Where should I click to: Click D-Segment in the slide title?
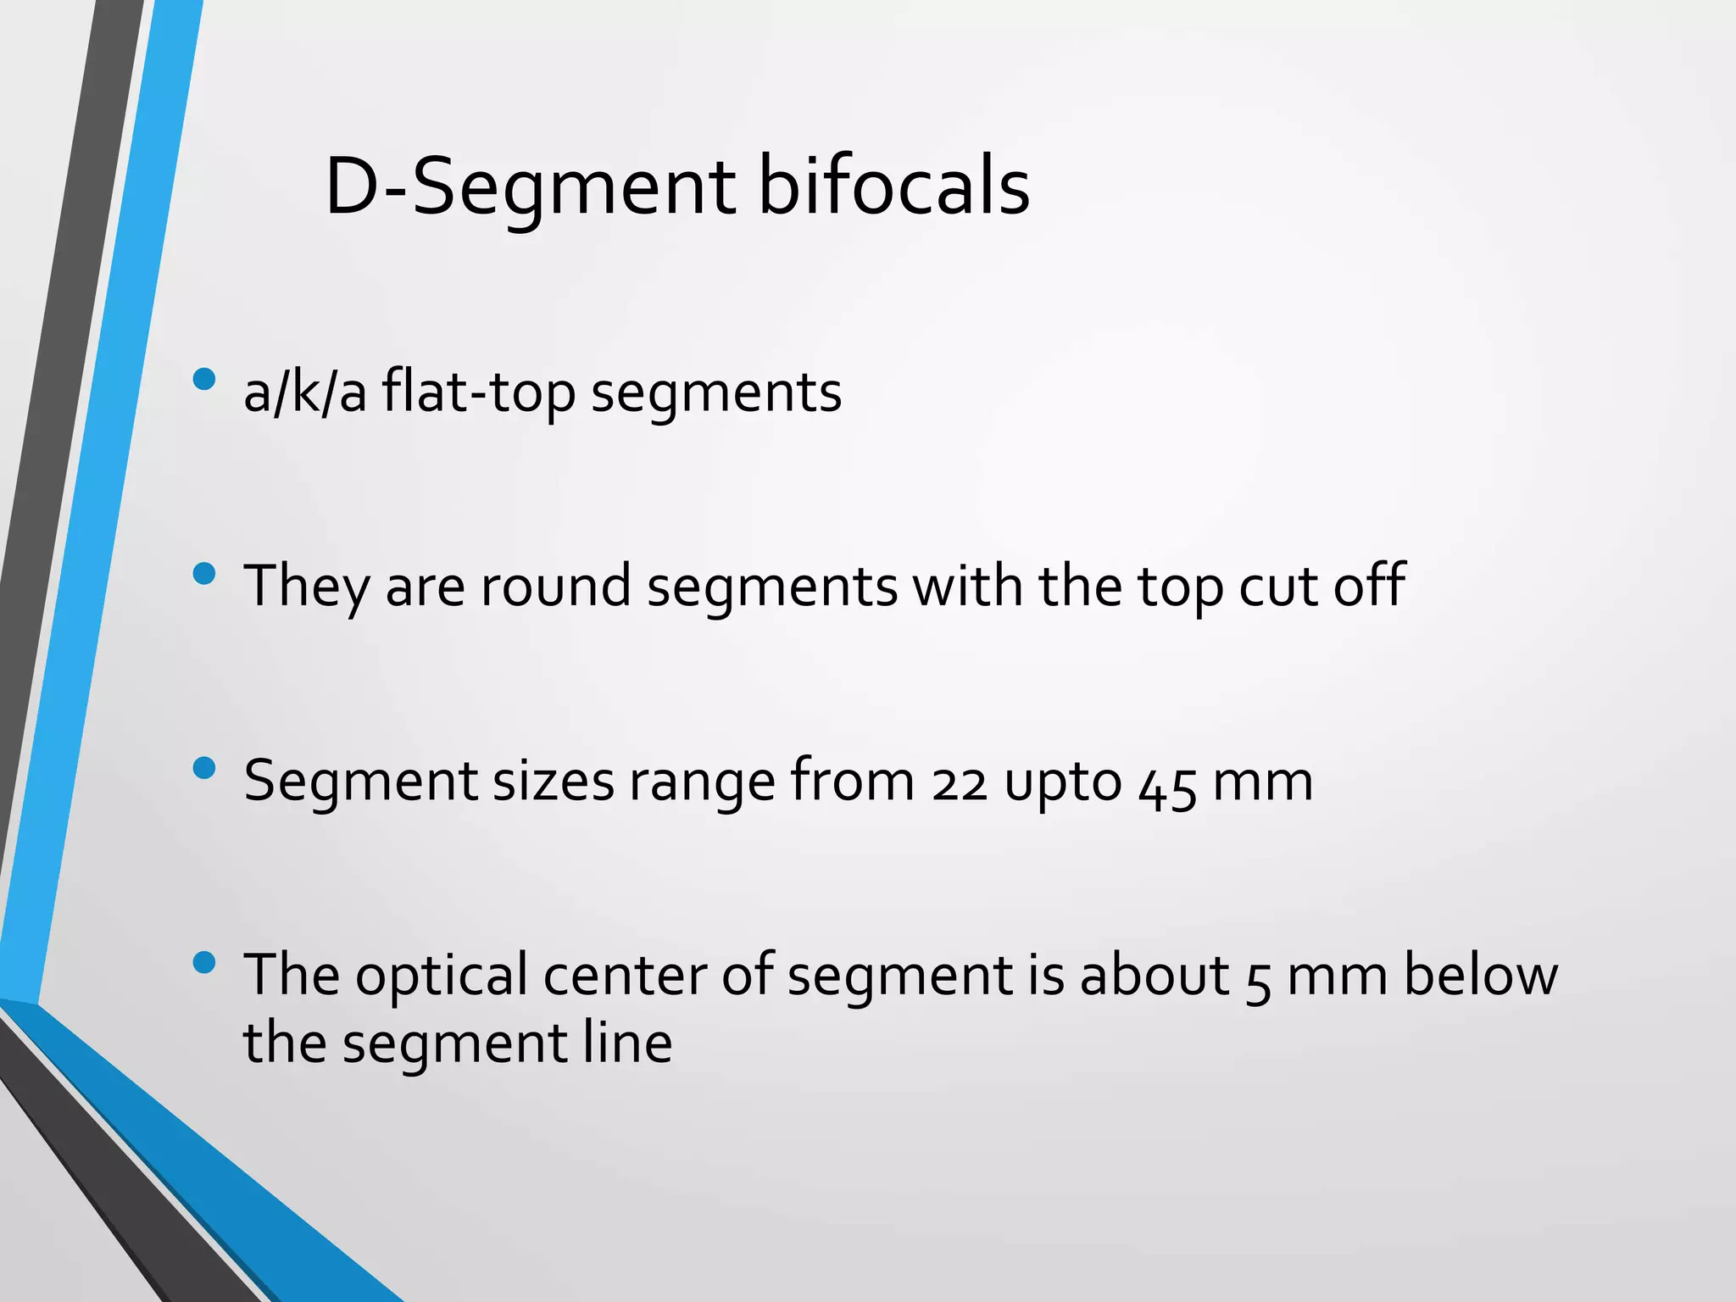tap(531, 188)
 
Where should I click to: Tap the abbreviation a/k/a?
tap(305, 392)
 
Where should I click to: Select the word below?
tap(1480, 974)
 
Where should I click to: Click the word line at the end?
tap(627, 1043)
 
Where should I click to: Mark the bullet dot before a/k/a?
tap(204, 378)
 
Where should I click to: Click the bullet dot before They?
tap(204, 574)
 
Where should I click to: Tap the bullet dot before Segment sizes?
tap(204, 768)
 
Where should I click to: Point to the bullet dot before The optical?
tap(204, 962)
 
